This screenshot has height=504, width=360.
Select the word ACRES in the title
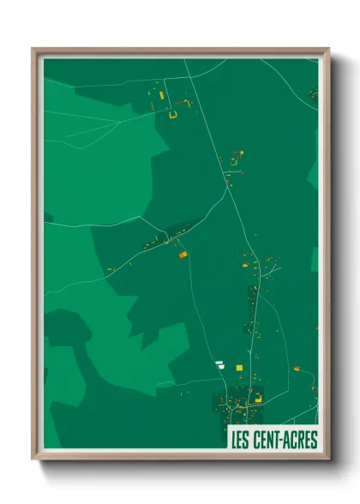(x=303, y=441)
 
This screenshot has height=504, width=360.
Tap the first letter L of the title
(x=233, y=441)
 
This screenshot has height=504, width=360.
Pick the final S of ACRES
(x=314, y=441)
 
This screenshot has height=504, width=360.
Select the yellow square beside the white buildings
(x=239, y=366)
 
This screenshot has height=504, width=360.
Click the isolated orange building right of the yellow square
(x=297, y=368)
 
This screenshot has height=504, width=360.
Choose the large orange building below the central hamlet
(x=182, y=255)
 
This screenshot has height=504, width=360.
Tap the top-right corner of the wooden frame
(x=328, y=49)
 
